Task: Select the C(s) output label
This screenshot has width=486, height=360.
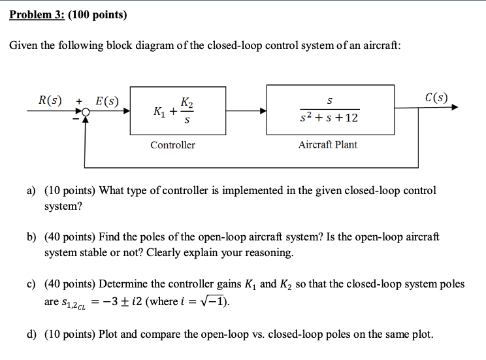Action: (436, 98)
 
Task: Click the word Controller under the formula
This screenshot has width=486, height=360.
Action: (172, 144)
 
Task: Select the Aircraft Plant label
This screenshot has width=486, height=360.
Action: (328, 144)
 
